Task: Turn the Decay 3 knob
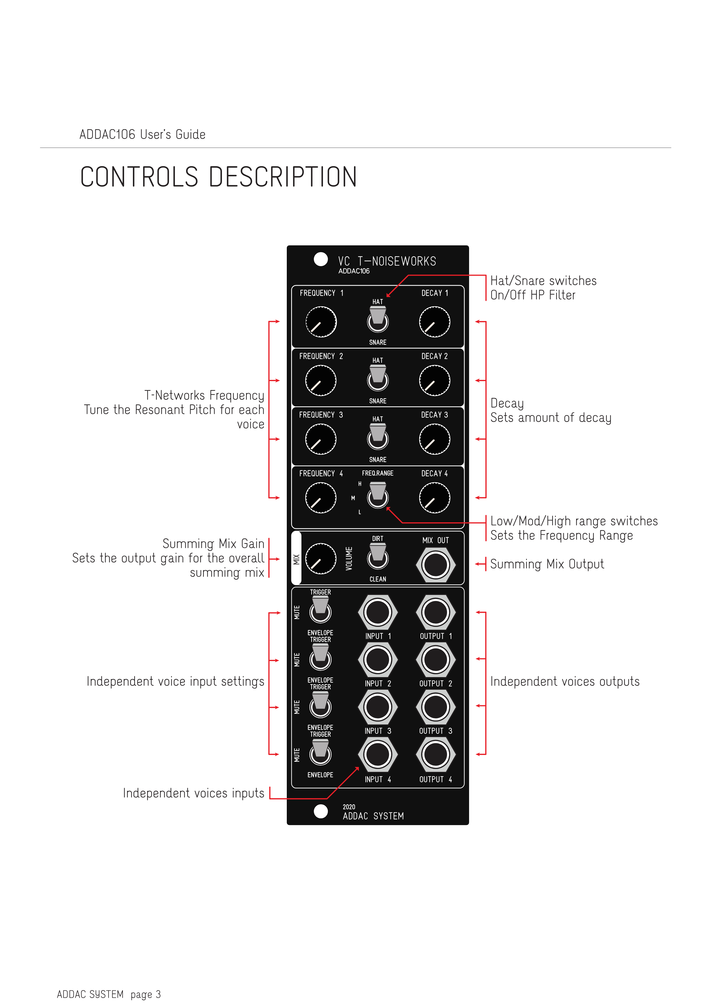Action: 434,439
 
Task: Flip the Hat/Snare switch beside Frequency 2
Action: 378,378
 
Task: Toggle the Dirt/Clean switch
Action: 378,556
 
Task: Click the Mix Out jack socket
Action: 435,565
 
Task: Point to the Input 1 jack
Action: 378,612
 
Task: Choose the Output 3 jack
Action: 435,707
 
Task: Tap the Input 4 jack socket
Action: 378,754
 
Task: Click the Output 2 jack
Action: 435,660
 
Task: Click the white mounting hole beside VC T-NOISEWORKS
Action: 321,259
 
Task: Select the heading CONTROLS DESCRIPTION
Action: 218,177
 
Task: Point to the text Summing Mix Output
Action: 547,564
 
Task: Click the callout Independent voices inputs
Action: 193,793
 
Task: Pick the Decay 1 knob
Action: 434,322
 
